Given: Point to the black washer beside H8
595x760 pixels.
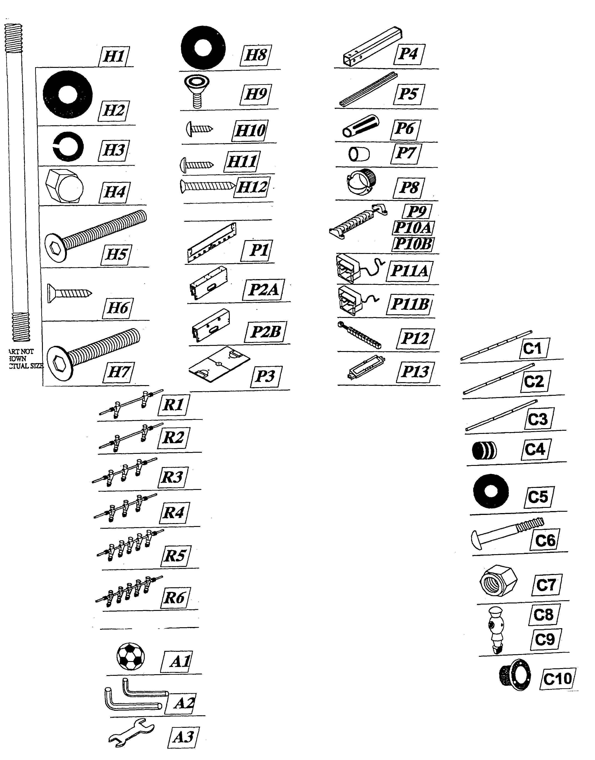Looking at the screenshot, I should [203, 47].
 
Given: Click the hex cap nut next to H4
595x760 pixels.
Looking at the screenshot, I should [64, 186].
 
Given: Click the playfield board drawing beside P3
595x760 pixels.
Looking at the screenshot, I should [220, 364].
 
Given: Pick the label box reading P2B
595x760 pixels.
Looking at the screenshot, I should [266, 331].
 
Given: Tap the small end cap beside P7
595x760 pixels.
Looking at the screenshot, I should [359, 154].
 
